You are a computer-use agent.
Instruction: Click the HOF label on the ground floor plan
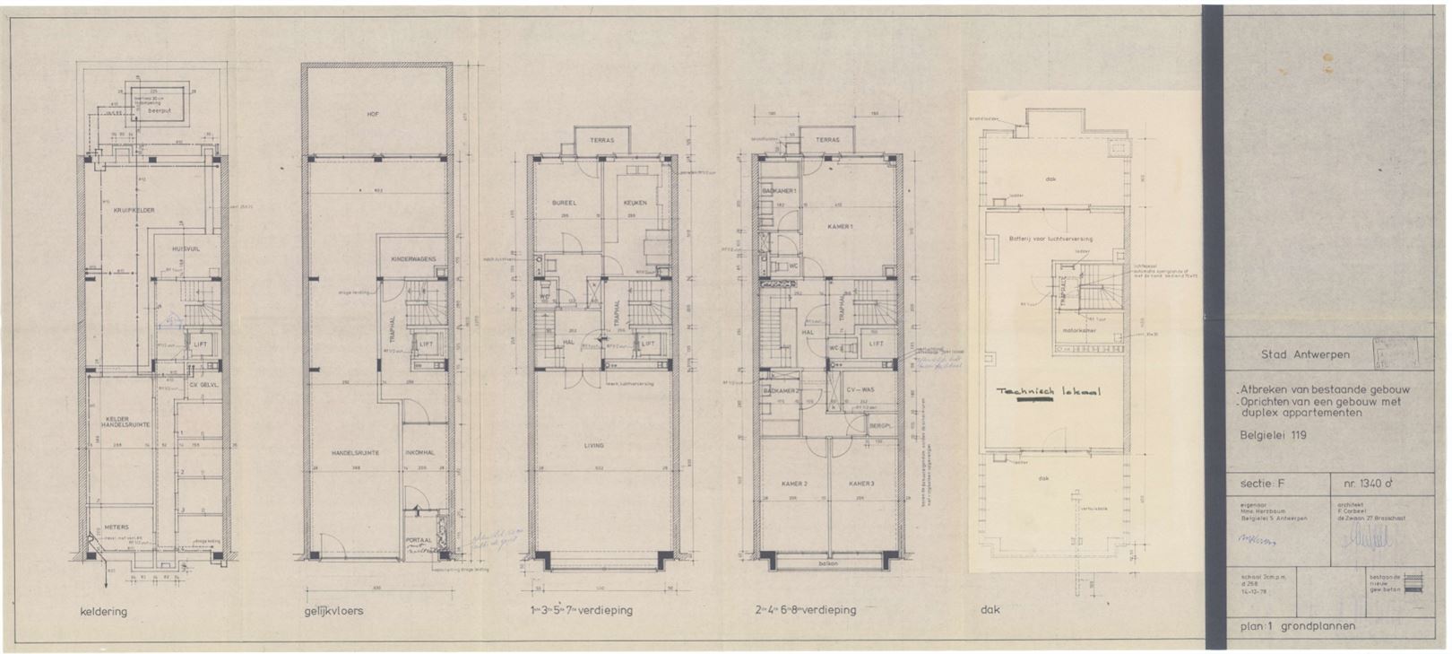click(x=374, y=114)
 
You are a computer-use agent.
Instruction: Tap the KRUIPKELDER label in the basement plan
click(x=134, y=210)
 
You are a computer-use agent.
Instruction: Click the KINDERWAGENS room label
click(x=413, y=259)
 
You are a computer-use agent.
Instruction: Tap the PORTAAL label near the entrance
click(x=418, y=541)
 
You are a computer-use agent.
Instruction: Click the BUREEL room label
click(x=562, y=203)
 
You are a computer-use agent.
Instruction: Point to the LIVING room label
click(x=593, y=445)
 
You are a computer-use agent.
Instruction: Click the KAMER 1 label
click(x=839, y=226)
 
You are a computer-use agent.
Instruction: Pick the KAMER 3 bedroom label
click(x=861, y=484)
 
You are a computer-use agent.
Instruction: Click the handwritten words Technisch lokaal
click(x=1048, y=392)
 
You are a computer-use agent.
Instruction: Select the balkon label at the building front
click(x=828, y=563)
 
